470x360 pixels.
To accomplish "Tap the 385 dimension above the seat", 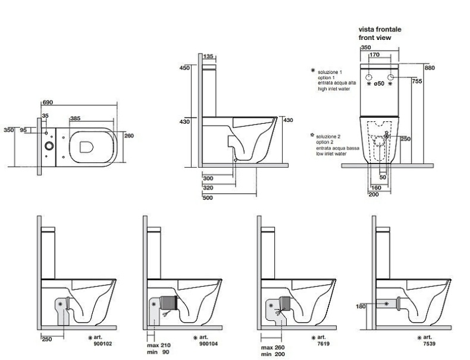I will pyautogui.click(x=76, y=118).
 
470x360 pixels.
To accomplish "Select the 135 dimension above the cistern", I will pyautogui.click(x=208, y=57).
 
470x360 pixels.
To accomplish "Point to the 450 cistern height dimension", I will pyautogui.click(x=184, y=68).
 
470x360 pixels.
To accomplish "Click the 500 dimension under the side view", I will pyautogui.click(x=208, y=198).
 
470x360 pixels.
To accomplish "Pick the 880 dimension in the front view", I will pyautogui.click(x=430, y=68).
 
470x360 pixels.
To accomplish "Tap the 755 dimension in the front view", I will pyautogui.click(x=416, y=81).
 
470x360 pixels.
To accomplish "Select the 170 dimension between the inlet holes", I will pyautogui.click(x=375, y=55).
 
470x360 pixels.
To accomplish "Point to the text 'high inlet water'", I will pyautogui.click(x=336, y=89).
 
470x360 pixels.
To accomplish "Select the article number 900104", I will pyautogui.click(x=209, y=343).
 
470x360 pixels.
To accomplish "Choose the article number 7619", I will pyautogui.click(x=321, y=343).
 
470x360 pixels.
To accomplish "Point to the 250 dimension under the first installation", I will pyautogui.click(x=48, y=339).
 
